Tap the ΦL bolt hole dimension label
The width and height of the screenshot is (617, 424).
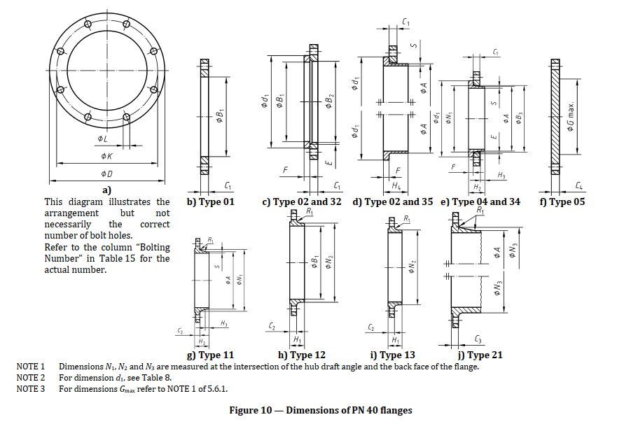click(102, 139)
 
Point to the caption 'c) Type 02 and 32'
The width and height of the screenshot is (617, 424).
click(302, 202)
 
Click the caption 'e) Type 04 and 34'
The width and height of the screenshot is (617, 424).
click(481, 202)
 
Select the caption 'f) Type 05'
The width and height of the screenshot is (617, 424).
click(562, 202)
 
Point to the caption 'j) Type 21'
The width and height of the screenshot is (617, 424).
click(478, 355)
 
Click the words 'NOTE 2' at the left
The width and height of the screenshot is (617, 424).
click(30, 378)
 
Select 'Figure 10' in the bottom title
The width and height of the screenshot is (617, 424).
click(256, 410)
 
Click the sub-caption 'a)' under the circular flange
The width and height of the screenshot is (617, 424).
click(106, 190)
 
